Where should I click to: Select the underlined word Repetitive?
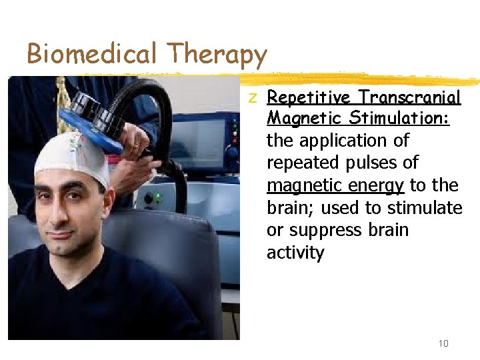pyautogui.click(x=309, y=98)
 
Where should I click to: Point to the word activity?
pyautogui.click(x=295, y=253)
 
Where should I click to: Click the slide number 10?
pyautogui.click(x=443, y=343)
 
